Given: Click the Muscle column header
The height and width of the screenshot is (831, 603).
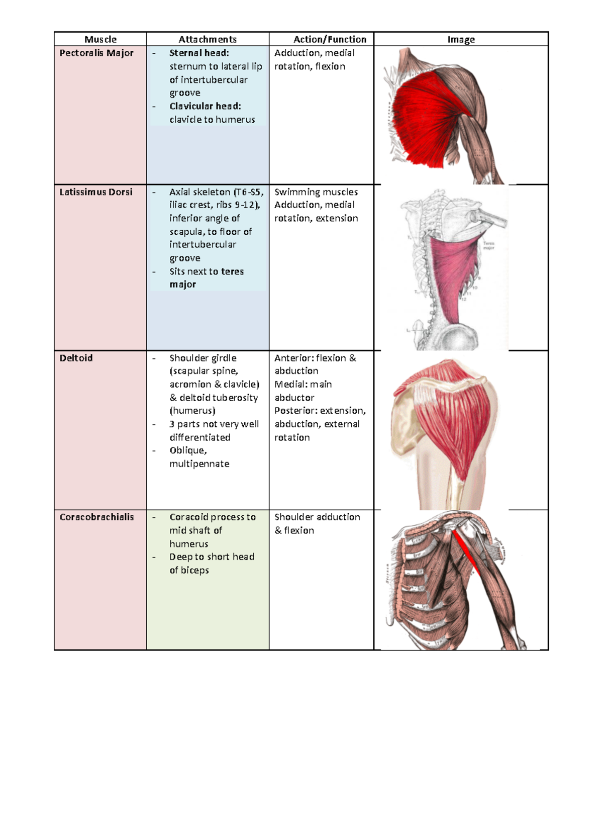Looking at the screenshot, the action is click(100, 39).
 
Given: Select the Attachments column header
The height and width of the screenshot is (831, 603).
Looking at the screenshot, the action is click(208, 39).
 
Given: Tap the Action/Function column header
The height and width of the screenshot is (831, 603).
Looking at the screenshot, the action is click(330, 39).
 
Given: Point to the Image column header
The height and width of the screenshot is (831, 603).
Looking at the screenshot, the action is click(461, 39).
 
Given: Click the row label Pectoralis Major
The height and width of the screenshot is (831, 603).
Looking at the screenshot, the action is click(96, 53).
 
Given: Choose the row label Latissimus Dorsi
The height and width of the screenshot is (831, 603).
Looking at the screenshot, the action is click(96, 192).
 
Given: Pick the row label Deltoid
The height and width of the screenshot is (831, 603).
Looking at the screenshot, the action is click(76, 358).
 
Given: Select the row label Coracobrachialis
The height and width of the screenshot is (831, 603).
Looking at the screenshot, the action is click(96, 517).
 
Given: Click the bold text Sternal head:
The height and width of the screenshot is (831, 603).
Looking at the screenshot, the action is click(199, 53).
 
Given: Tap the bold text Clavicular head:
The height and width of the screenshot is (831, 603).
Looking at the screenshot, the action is click(205, 106).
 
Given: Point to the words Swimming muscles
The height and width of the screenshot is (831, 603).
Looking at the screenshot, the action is click(316, 192).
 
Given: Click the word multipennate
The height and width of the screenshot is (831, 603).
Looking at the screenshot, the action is click(199, 464).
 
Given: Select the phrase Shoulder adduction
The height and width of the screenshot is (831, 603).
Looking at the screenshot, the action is click(317, 517).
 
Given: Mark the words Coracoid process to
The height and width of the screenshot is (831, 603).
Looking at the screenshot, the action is click(213, 517).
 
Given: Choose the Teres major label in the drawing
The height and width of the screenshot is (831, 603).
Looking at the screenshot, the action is click(488, 245).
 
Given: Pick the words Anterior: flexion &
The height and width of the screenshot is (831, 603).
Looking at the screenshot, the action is click(315, 358).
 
